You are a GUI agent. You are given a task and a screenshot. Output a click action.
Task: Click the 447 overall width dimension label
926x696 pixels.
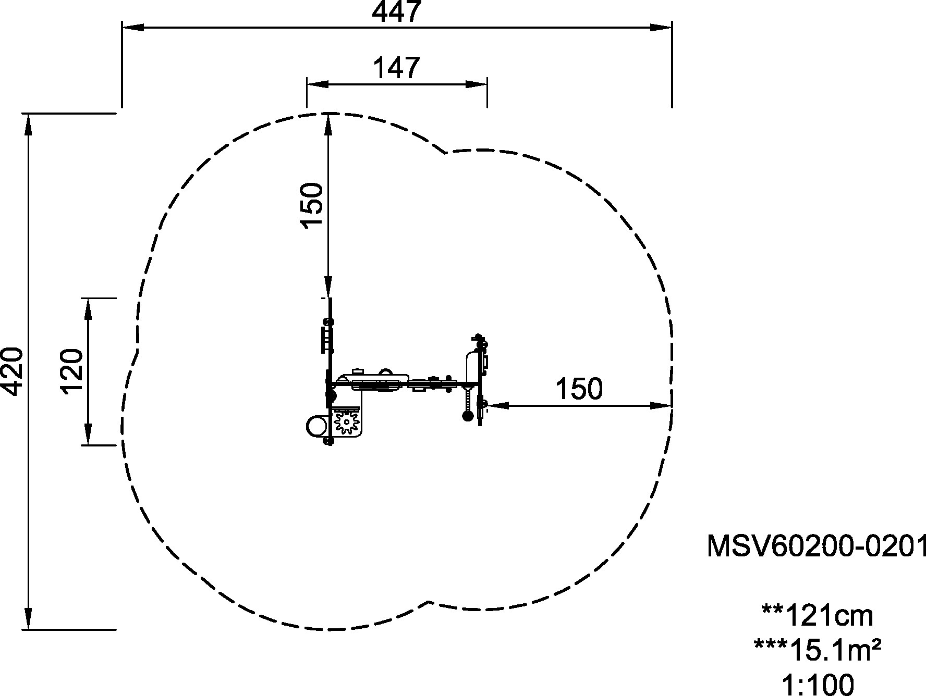(x=396, y=12)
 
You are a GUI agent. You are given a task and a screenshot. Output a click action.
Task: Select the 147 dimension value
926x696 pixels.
(x=397, y=68)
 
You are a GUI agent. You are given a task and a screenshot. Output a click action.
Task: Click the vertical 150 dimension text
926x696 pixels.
(x=312, y=205)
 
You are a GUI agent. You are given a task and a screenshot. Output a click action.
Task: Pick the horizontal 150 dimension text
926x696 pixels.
(x=579, y=389)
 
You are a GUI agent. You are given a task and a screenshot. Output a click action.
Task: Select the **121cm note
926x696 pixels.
(x=817, y=616)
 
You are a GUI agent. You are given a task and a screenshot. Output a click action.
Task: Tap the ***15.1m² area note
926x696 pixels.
(x=817, y=649)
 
